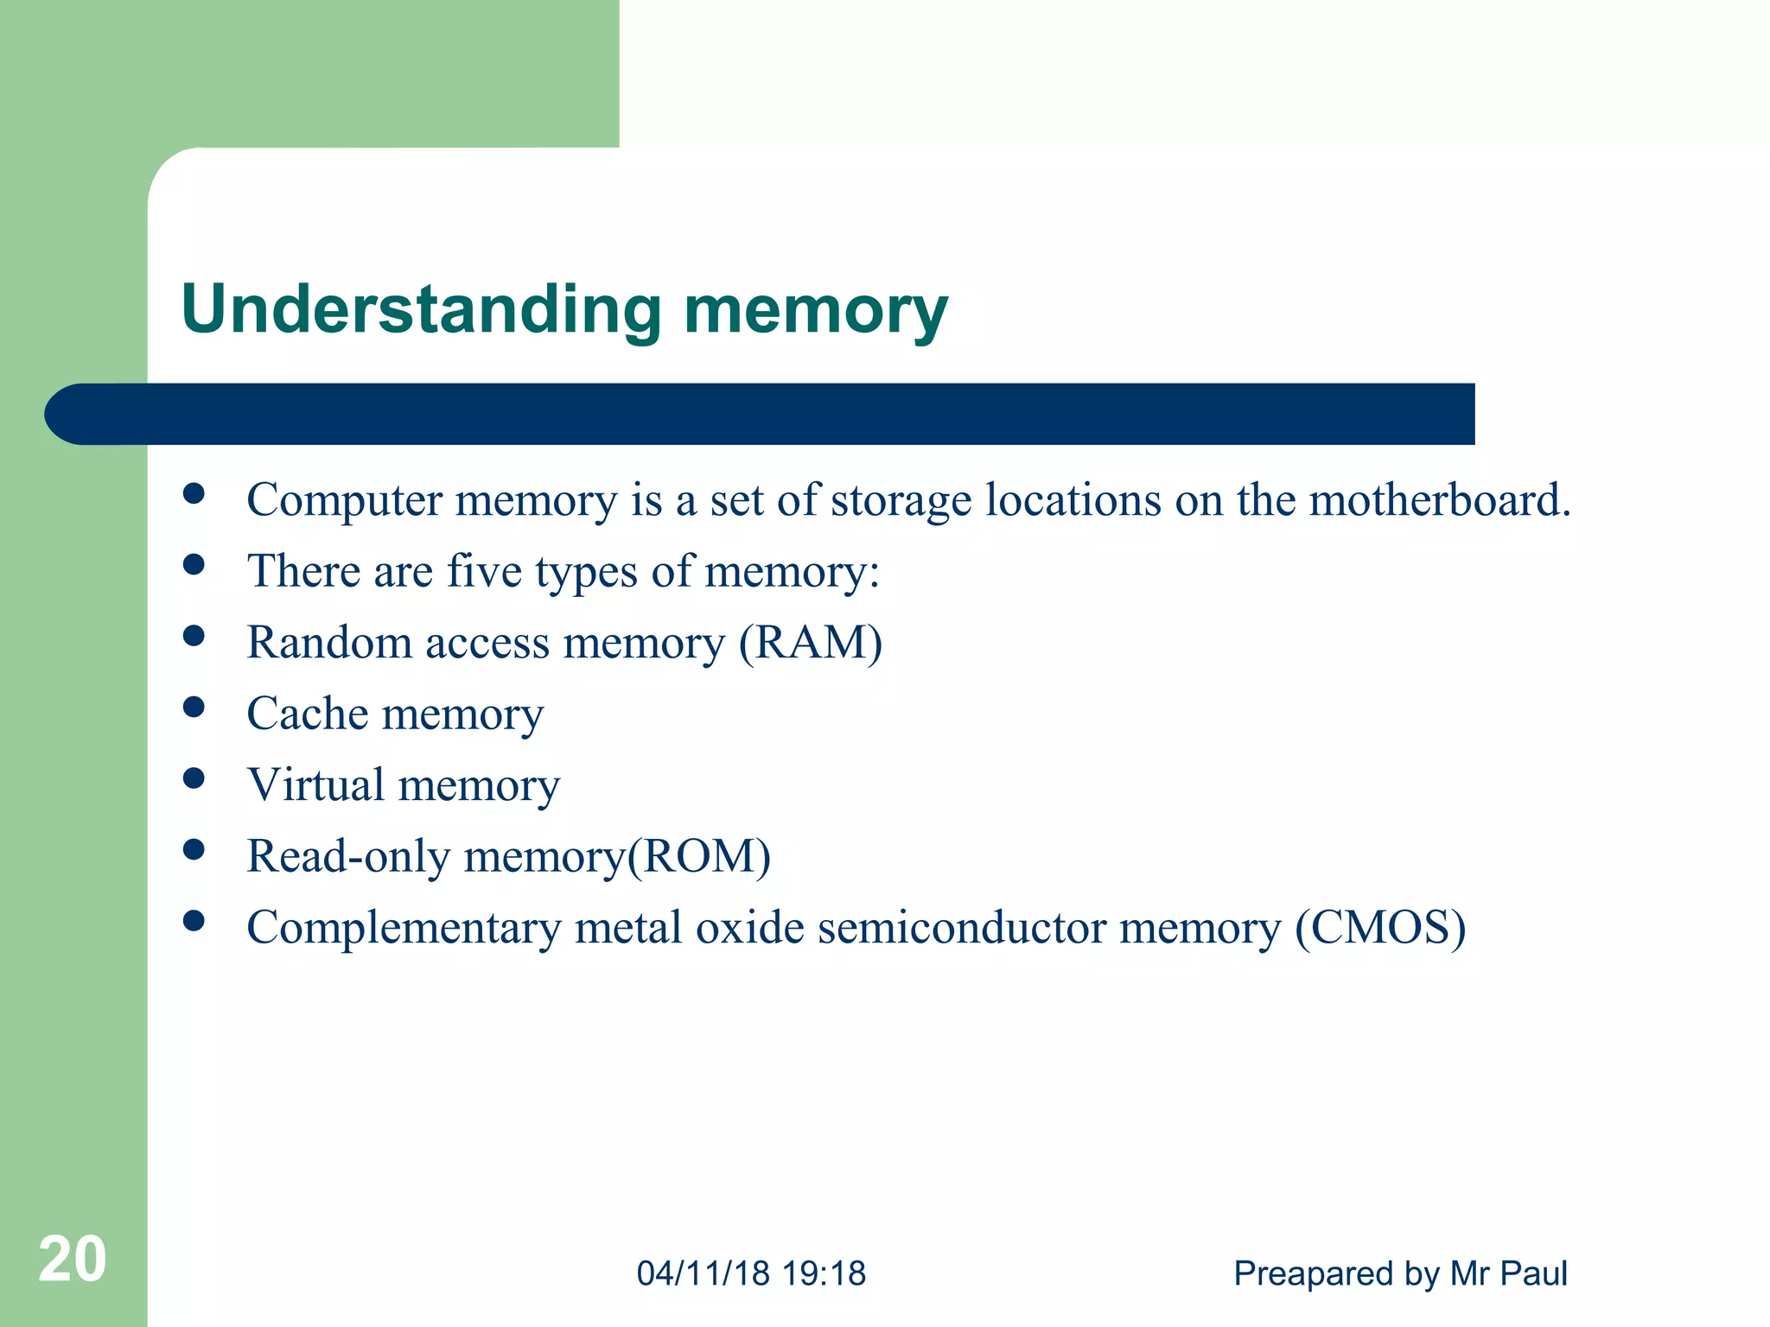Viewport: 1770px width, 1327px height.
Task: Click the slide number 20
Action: coord(73,1259)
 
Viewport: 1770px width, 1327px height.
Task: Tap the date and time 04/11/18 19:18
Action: coord(751,1273)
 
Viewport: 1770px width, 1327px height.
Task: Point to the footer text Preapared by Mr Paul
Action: coord(1400,1273)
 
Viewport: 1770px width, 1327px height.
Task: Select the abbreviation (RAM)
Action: coord(811,643)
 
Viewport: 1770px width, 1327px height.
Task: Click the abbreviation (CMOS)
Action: coord(1380,928)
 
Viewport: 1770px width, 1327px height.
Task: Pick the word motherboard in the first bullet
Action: coord(1439,500)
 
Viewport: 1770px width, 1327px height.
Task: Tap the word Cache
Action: coord(308,714)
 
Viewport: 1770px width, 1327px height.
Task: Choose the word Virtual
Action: coord(315,785)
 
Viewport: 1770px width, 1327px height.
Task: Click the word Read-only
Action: coord(348,857)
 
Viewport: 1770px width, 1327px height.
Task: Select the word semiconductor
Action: coord(962,928)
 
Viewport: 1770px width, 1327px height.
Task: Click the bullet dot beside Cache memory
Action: coord(194,708)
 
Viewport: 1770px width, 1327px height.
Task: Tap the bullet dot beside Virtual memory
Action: coord(194,778)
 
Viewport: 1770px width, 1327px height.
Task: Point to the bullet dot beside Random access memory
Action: coord(194,636)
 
